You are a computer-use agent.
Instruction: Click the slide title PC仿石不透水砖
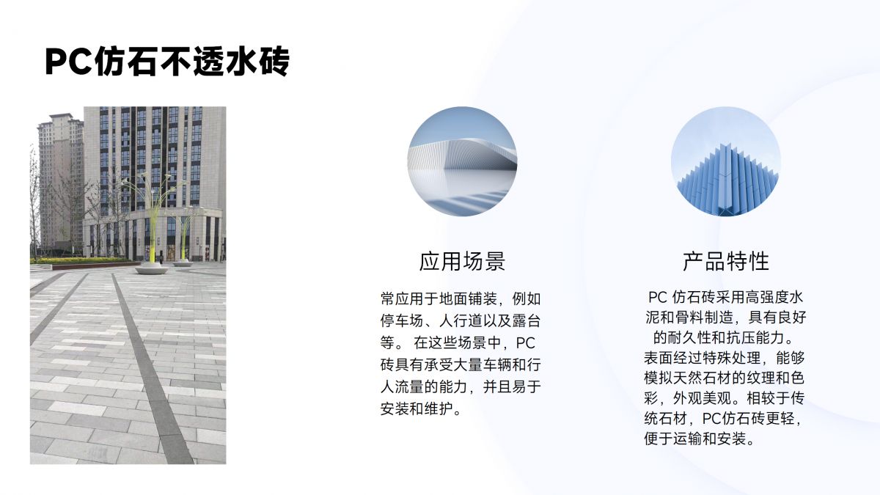coord(167,62)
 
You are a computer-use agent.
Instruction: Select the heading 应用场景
coord(462,261)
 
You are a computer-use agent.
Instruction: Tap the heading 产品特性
coord(725,261)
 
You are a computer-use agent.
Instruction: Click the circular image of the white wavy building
coord(462,161)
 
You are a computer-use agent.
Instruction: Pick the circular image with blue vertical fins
coord(725,161)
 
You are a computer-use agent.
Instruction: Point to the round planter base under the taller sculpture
coord(152,268)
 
